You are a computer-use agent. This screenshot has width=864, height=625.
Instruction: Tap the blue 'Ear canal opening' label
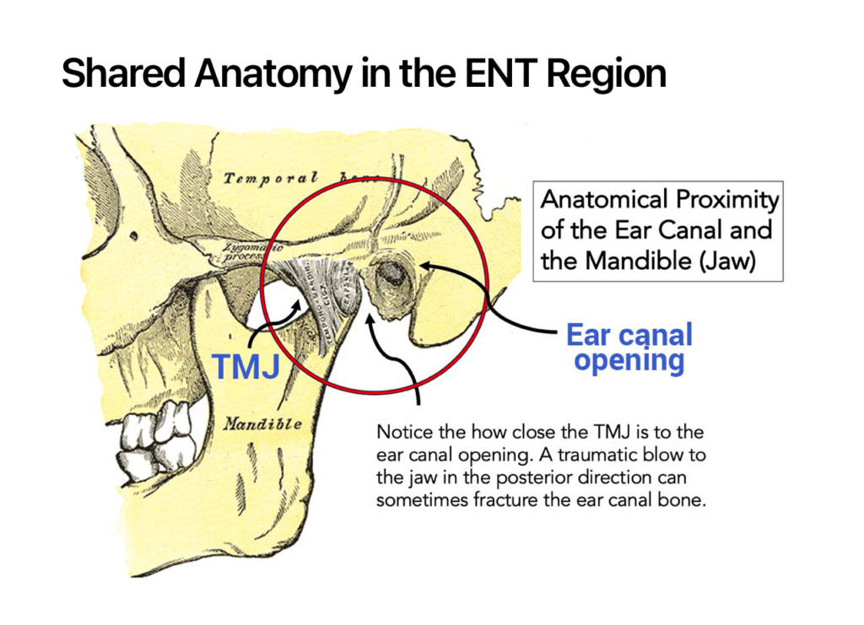click(629, 348)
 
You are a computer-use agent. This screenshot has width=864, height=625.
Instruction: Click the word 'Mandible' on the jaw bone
click(262, 424)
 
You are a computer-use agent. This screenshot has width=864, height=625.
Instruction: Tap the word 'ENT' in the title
click(499, 74)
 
